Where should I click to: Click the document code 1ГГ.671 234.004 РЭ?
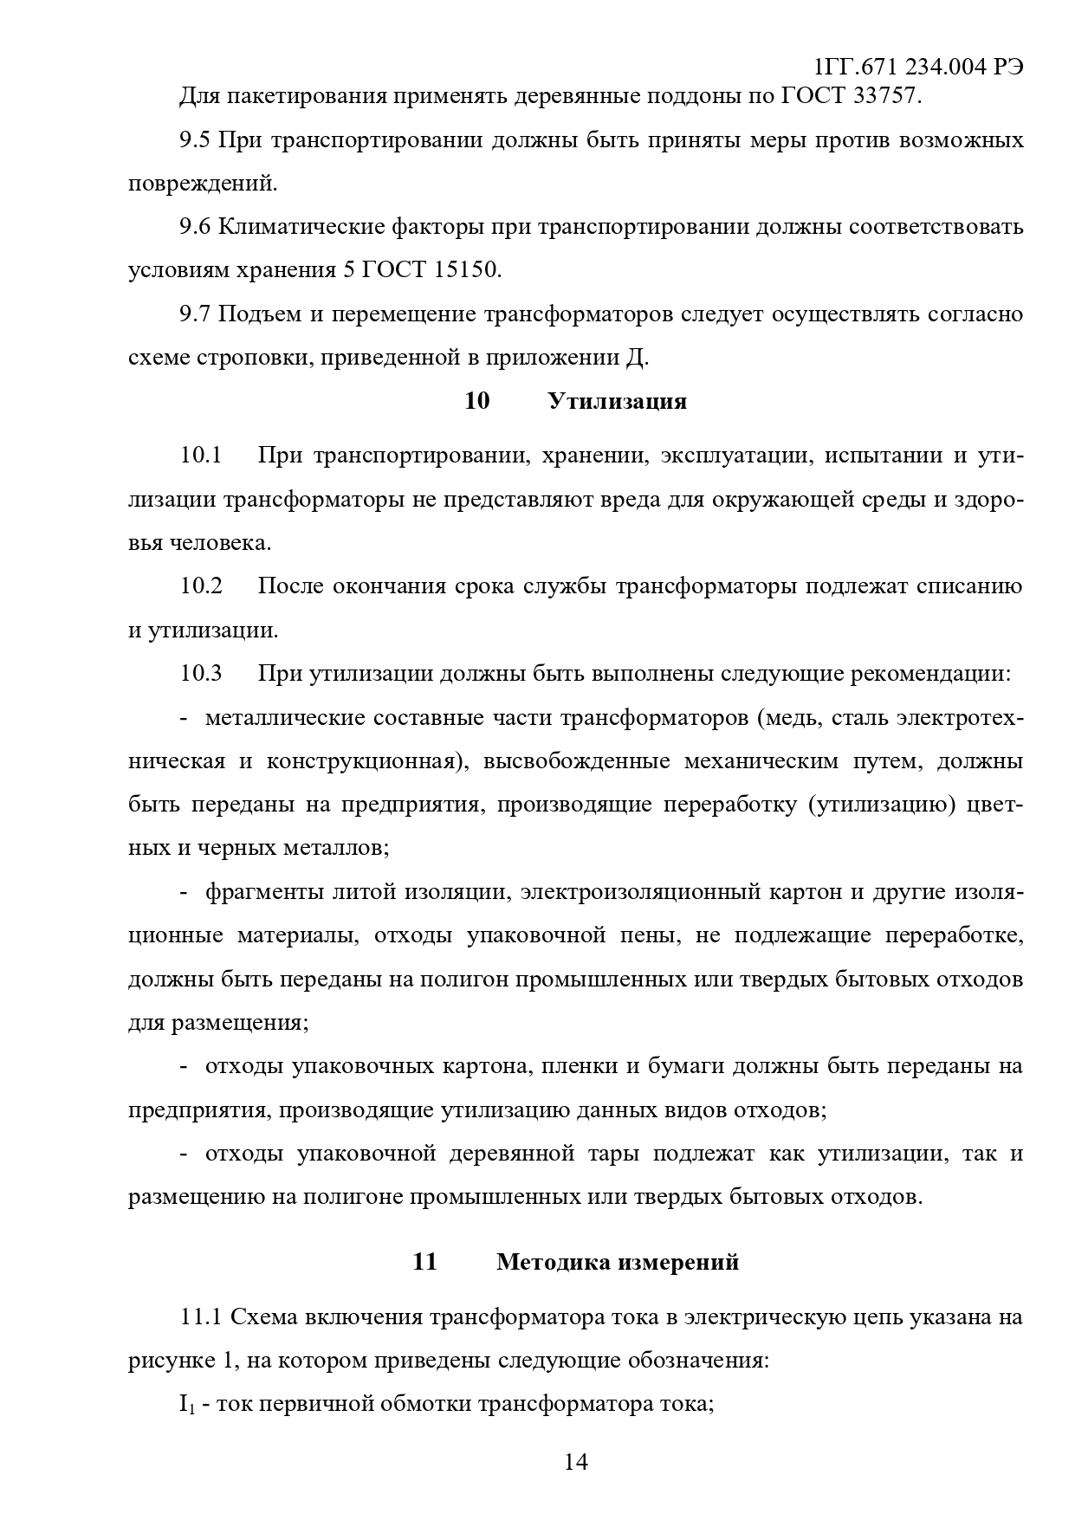pyautogui.click(x=918, y=68)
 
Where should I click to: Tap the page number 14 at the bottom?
pyautogui.click(x=576, y=1462)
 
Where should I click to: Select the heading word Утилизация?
pyautogui.click(x=617, y=401)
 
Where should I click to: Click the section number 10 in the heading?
pyautogui.click(x=476, y=401)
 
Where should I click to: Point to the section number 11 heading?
pyautogui.click(x=424, y=1262)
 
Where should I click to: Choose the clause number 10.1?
pyautogui.click(x=201, y=456)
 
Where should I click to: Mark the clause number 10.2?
pyautogui.click(x=201, y=586)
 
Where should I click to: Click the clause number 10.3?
pyautogui.click(x=201, y=673)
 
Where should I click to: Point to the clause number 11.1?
pyautogui.click(x=201, y=1317)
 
